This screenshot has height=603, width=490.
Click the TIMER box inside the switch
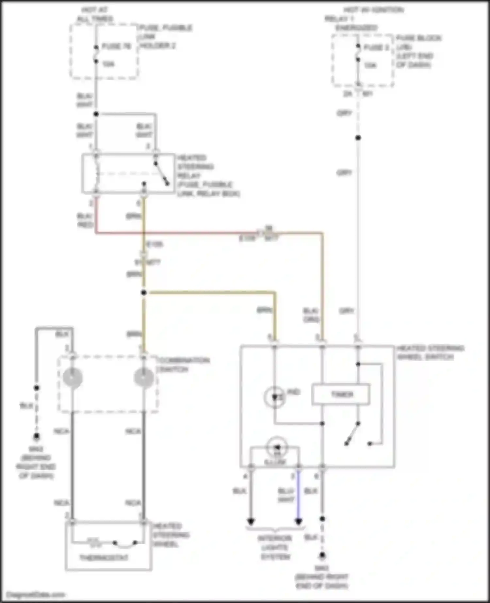341,395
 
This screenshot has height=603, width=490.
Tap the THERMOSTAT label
104,557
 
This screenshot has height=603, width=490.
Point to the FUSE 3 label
376,48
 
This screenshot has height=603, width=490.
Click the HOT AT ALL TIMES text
95,14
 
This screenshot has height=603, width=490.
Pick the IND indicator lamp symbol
275,397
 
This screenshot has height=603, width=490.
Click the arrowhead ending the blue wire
299,522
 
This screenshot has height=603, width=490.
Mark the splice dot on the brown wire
144,293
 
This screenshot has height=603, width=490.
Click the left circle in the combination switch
73,378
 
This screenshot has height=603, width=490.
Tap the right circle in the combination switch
144,378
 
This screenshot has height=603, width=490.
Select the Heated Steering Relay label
208,176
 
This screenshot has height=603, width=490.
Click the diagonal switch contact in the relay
162,173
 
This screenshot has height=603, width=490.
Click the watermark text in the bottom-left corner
35,595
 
